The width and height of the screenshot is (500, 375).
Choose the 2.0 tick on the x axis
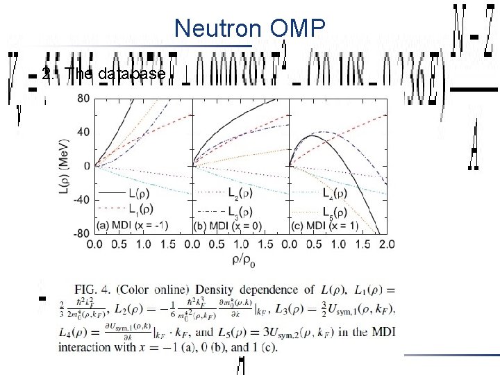click(387, 244)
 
